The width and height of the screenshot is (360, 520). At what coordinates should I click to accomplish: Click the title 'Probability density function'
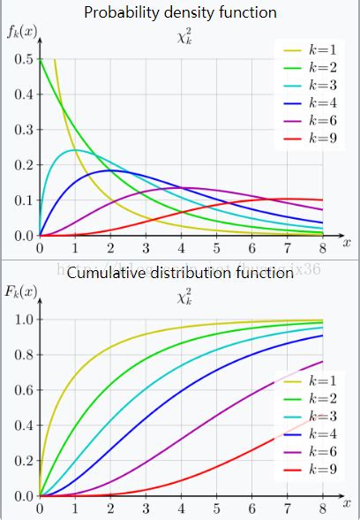coord(180,12)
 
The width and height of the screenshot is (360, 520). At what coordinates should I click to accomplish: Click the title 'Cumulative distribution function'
coord(180,273)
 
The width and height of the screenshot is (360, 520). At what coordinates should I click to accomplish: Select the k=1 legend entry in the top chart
coord(304,49)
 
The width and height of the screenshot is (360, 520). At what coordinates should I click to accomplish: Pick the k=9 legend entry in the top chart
coord(304,139)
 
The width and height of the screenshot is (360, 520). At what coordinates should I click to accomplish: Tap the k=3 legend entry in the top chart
coord(304,85)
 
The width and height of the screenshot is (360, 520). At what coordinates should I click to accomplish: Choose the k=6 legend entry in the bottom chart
coord(304,452)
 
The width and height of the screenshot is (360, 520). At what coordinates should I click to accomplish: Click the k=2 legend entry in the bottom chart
coord(304,398)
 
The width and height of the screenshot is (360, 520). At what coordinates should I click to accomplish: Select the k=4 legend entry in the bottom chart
coord(304,434)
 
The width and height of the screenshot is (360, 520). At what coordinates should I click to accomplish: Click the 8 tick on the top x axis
coord(324,248)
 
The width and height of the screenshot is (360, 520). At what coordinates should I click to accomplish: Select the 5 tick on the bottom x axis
coord(217,509)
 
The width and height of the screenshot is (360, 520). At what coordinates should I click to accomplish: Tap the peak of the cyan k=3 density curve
coord(75,150)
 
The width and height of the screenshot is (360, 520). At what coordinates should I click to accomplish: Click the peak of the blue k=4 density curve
coord(110,170)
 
